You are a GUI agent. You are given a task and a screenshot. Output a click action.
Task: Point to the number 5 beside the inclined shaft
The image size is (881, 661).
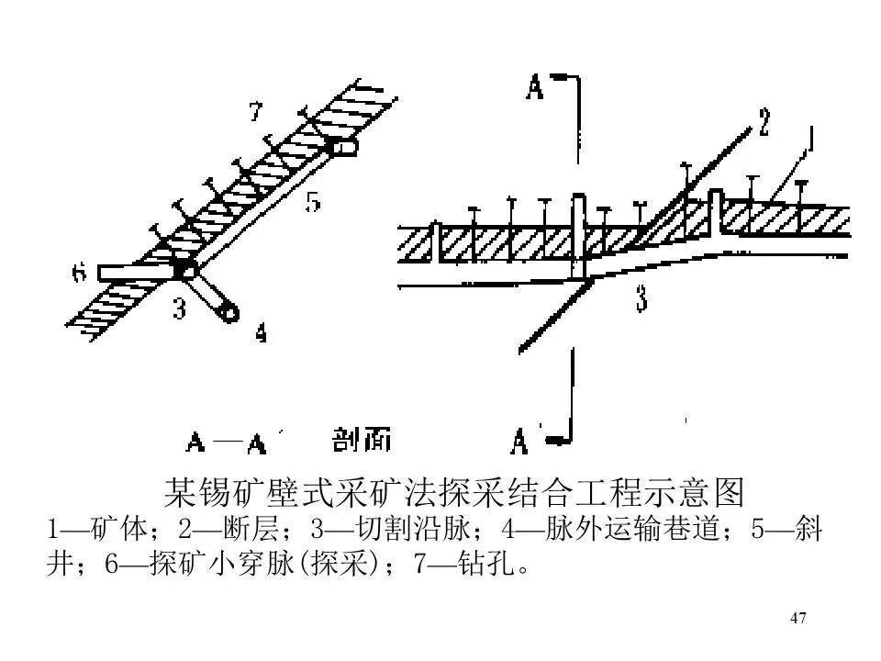point(313,201)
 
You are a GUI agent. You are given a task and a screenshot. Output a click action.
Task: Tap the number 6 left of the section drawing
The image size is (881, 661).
point(79,273)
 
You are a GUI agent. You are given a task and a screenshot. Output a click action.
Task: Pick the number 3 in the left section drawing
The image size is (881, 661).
point(179,309)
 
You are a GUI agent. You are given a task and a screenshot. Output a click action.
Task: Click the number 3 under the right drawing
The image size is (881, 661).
point(641,300)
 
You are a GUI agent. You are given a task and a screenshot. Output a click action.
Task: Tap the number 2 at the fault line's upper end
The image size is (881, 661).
point(764,122)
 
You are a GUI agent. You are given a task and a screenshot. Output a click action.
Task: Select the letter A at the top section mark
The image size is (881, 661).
point(536,86)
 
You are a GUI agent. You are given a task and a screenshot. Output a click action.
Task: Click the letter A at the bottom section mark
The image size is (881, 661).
point(519,443)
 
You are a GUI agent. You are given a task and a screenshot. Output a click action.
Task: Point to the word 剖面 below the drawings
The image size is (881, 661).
point(362,442)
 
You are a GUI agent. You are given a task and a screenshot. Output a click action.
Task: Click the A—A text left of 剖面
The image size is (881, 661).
point(226,443)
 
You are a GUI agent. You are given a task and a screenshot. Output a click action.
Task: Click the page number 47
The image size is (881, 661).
point(798,618)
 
